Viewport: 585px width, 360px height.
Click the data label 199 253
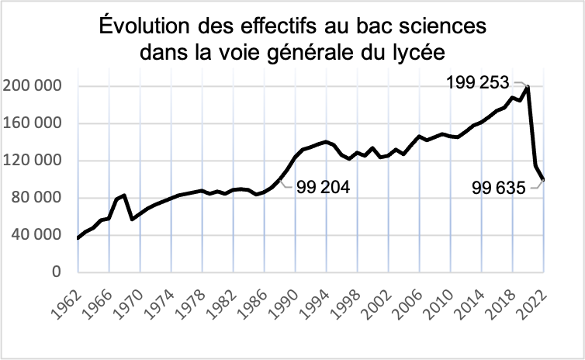pos(478,82)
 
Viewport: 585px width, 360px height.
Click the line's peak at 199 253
pos(528,87)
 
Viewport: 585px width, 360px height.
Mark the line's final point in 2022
pos(543,180)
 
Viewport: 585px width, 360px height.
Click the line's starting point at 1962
pos(78,238)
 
